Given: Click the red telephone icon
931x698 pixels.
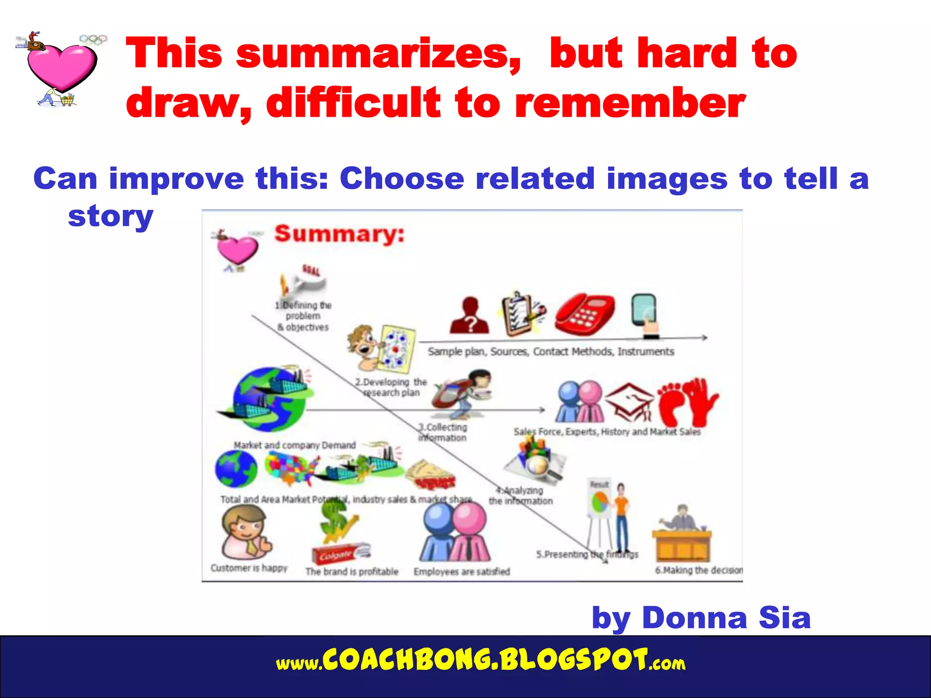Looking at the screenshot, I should pos(585,314).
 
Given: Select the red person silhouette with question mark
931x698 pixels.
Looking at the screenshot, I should pos(470,315).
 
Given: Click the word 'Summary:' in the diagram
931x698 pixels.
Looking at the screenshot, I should pos(339,234).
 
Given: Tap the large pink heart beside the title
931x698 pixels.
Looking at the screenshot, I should pos(62,66).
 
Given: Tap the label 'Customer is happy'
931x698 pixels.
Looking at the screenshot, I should pos(249,568).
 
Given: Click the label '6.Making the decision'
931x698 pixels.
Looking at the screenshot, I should pos(699,570).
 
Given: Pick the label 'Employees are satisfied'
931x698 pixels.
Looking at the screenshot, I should pos(461,572).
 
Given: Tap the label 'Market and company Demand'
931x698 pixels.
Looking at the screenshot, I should pos(295,445).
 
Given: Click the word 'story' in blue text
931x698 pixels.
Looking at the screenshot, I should pos(110,216).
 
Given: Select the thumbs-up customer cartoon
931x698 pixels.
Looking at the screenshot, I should pos(245,532).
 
